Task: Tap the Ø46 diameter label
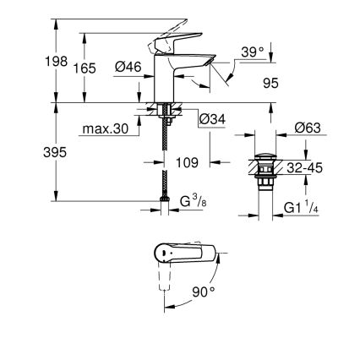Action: [x=128, y=67]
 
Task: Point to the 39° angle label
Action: [x=253, y=52]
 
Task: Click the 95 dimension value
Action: [x=270, y=83]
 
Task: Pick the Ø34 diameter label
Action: [x=211, y=120]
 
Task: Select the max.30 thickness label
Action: [x=106, y=129]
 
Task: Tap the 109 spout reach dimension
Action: [x=187, y=161]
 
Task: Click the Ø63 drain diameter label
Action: [x=308, y=128]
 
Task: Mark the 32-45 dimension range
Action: [x=303, y=168]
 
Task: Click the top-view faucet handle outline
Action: [x=190, y=254]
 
